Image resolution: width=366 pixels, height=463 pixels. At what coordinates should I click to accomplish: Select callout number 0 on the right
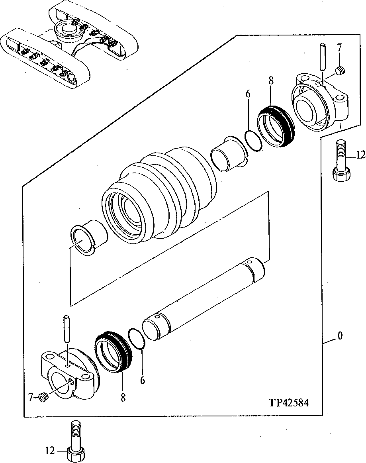(x=340, y=336)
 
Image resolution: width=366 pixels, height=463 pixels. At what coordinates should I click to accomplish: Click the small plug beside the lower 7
(x=44, y=397)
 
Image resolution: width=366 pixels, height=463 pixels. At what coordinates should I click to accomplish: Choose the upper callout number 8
(x=271, y=80)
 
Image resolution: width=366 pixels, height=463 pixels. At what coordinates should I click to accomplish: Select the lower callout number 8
(x=123, y=397)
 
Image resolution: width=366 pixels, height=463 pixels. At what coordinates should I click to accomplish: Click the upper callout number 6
(x=248, y=94)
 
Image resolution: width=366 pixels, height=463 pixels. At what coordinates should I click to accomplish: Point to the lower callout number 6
(x=142, y=380)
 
